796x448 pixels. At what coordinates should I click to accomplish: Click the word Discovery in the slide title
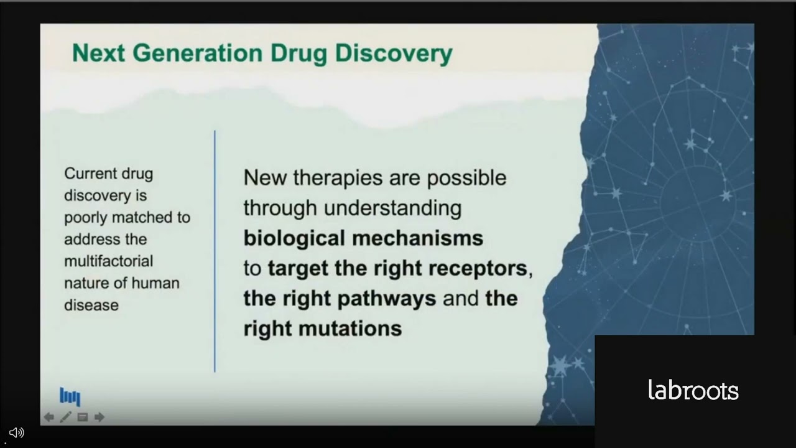point(393,54)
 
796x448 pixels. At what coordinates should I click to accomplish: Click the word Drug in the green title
point(299,54)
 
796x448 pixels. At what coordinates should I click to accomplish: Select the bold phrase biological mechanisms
point(363,238)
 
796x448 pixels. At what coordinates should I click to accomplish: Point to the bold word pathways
point(386,298)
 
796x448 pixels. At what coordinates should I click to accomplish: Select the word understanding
point(393,208)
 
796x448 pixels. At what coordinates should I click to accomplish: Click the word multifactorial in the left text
point(108,261)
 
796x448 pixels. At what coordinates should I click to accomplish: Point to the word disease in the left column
point(91,305)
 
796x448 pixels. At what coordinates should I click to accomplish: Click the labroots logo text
point(693,391)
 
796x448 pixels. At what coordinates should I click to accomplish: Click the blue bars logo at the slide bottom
point(70,396)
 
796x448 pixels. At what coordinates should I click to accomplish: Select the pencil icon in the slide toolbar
point(65,417)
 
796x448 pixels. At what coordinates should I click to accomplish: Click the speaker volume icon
point(17,432)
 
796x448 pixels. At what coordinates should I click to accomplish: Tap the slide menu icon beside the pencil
point(82,417)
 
